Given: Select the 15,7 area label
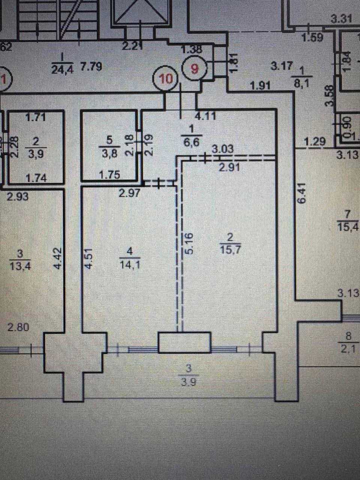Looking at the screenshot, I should (231, 249).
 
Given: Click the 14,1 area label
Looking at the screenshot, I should (128, 264).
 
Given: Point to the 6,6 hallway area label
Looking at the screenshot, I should (192, 142).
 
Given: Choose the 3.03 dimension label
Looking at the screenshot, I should (223, 149).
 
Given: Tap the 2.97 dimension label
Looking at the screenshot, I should (129, 193).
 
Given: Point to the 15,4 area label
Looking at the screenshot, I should (348, 226).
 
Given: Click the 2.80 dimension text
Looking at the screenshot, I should (18, 327).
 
